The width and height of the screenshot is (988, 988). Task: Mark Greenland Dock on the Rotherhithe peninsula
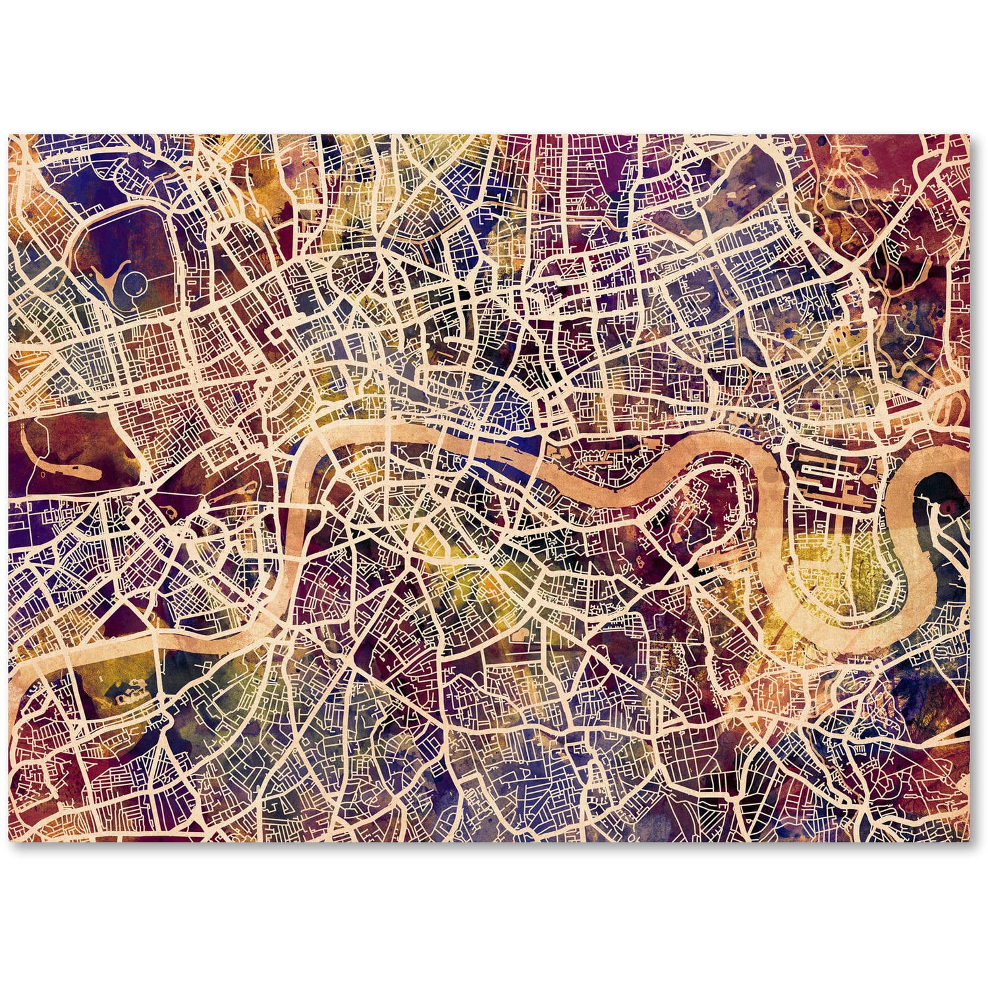tap(715, 560)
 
